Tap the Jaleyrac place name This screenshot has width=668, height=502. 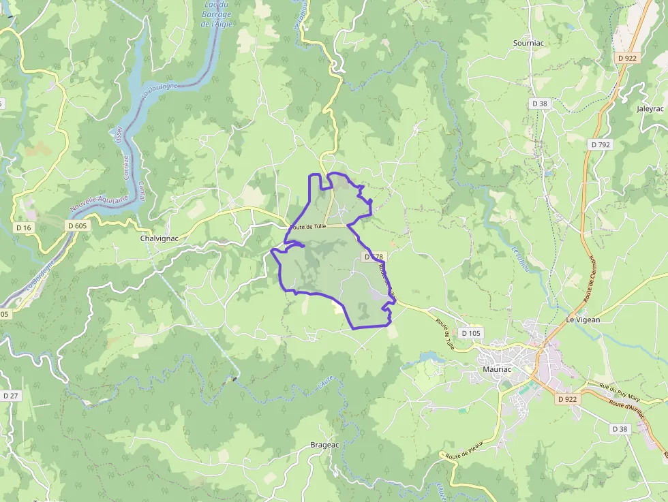(x=650, y=108)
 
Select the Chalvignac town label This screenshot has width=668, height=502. (x=160, y=239)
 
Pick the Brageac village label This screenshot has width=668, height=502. (x=324, y=445)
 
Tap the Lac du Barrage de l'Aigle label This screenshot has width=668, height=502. (x=217, y=14)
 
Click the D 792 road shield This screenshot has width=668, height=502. (x=601, y=144)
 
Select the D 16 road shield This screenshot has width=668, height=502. (x=23, y=227)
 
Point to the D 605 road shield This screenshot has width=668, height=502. (x=77, y=225)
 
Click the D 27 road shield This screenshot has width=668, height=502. (x=10, y=396)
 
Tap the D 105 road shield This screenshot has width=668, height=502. (x=470, y=333)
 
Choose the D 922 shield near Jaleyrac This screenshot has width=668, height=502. (x=626, y=58)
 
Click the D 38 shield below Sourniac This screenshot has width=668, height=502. (x=539, y=103)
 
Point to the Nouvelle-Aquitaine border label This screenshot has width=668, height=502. (x=98, y=202)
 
